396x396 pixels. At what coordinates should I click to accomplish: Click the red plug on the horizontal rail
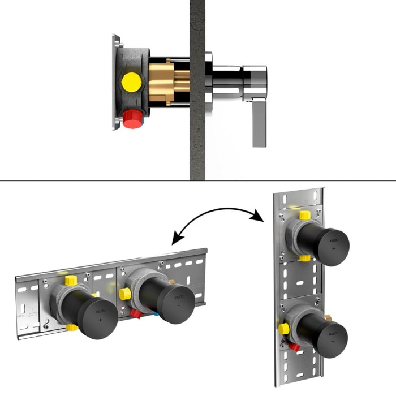[136, 315]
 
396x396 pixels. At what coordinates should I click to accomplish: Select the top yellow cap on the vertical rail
[304, 216]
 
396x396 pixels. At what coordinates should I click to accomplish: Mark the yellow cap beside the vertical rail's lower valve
[284, 329]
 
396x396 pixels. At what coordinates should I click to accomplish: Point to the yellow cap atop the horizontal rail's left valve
[71, 280]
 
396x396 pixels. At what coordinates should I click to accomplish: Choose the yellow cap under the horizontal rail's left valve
[71, 326]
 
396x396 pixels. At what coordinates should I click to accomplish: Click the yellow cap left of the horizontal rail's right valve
[124, 294]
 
